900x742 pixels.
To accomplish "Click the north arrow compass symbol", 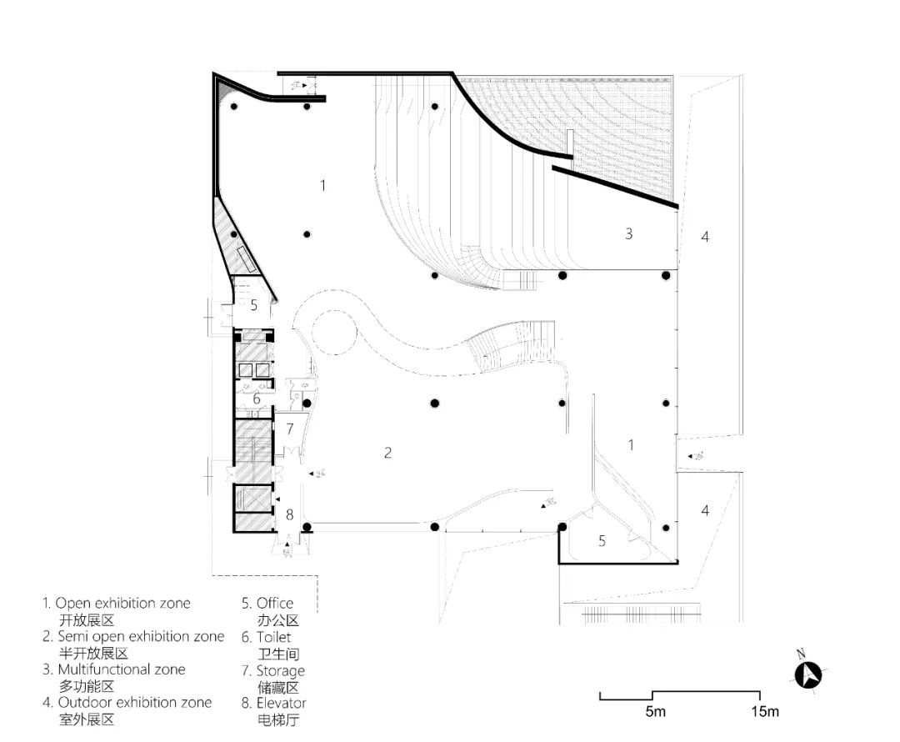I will [807, 674].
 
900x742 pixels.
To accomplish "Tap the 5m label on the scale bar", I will [655, 711].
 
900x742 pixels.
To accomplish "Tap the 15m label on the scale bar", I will [763, 711].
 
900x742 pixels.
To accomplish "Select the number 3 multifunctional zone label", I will [629, 234].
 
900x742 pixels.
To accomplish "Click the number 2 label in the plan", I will [387, 453].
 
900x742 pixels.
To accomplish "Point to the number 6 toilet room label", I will [257, 399].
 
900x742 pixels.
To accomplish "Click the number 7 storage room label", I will [289, 429].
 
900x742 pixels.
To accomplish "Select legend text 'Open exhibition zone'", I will [122, 603].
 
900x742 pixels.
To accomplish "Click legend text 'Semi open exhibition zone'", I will [140, 636].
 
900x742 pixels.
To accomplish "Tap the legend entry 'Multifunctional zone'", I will [121, 669].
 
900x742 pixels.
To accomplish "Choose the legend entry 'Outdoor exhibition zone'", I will [134, 703].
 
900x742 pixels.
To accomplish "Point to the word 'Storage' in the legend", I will [280, 670].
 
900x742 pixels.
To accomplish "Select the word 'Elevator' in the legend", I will [282, 704].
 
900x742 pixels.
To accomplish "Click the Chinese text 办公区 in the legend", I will [277, 620].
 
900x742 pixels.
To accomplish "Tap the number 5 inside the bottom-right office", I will [602, 540].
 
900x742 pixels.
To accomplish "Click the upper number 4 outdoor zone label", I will [705, 237].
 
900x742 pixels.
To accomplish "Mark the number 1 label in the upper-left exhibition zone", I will [323, 185].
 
